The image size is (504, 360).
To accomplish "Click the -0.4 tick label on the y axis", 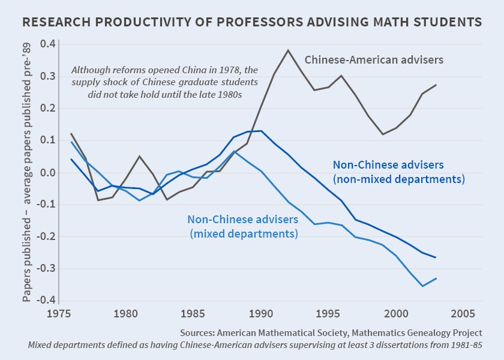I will [46, 301].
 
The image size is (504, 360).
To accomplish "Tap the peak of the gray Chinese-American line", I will [288, 50].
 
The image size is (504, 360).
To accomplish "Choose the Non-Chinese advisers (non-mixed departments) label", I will [399, 171].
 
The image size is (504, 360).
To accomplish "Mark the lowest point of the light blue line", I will [422, 286].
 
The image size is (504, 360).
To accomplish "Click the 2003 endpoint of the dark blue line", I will [436, 257].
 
